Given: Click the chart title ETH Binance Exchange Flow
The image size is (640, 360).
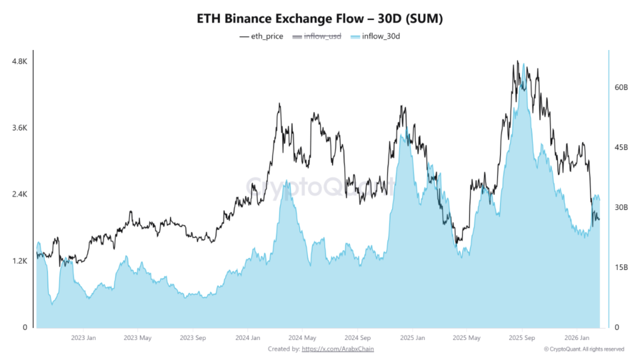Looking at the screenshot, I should [320, 19].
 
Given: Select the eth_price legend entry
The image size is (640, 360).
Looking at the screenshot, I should [261, 36].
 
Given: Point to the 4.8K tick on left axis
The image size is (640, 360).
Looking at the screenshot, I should [19, 61].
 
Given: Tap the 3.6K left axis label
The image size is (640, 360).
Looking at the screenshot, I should [19, 127].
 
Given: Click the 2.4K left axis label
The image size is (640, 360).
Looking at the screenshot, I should [19, 194].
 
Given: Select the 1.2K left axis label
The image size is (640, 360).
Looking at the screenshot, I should [19, 261].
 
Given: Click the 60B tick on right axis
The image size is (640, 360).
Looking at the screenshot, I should [621, 87].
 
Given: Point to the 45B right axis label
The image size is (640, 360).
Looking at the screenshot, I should [621, 147].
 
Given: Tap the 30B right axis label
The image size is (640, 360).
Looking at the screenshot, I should [621, 207].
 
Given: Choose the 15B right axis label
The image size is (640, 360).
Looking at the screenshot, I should [621, 267].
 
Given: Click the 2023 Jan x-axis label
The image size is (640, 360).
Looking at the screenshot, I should [83, 338].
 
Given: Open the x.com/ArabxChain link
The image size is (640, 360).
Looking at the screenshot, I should [337, 349].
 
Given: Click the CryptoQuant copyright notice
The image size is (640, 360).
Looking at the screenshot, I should [584, 349].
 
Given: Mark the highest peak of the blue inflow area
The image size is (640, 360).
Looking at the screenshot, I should [523, 64].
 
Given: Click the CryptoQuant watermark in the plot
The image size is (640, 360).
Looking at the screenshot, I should [320, 186].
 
